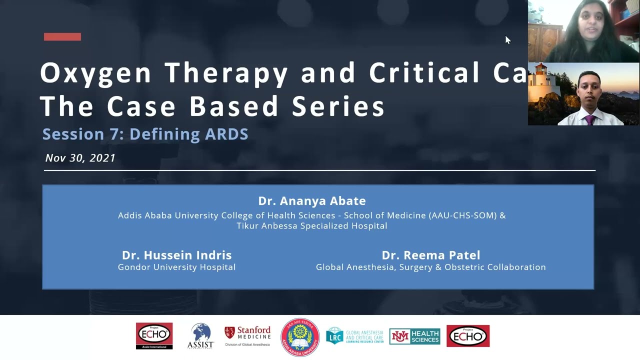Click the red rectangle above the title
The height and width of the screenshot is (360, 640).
(62, 36)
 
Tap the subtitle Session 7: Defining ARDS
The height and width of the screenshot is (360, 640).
(145, 134)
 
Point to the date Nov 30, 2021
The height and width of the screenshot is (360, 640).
(80, 158)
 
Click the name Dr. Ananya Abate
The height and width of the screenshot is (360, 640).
(312, 201)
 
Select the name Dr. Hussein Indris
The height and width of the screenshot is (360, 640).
(176, 255)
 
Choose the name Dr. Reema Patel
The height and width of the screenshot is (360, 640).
(430, 255)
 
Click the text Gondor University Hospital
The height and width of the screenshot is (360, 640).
(176, 267)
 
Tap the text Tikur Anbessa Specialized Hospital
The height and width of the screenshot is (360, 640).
(312, 226)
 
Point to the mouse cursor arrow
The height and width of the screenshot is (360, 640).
(507, 40)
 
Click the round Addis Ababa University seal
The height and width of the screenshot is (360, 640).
(300, 337)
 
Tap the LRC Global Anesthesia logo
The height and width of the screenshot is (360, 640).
(354, 336)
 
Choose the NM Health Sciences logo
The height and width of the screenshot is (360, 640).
(414, 336)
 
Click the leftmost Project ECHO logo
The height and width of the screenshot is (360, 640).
(154, 335)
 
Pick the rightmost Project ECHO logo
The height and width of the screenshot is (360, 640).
(468, 335)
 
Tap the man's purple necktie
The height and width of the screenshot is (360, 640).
(590, 120)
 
